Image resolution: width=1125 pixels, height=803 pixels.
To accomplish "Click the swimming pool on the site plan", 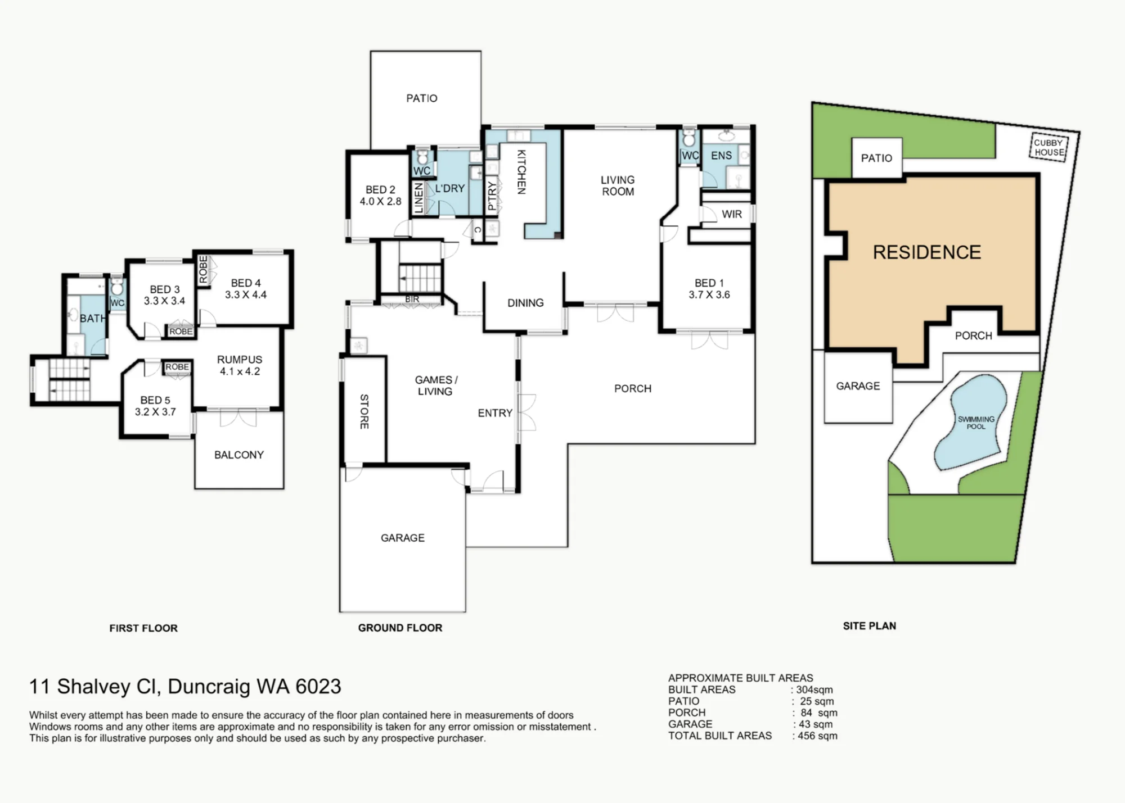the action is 970,421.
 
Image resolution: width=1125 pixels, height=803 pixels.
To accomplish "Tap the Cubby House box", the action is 1049,148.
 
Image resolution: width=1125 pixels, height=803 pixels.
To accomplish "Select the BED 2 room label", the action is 381,196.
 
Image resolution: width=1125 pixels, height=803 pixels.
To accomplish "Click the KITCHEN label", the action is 521,172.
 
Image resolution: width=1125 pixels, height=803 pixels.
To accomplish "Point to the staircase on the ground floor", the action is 420,278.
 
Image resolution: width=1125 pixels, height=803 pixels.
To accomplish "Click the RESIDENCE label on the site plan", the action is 927,252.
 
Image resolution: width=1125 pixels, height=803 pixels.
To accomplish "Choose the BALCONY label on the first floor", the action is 239,455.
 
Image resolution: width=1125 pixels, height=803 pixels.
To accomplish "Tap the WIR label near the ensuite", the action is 732,214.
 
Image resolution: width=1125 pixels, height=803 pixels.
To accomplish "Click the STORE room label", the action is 364,411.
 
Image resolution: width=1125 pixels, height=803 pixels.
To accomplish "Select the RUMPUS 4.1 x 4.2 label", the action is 240,365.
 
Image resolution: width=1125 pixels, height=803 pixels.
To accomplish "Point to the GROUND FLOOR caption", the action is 400,628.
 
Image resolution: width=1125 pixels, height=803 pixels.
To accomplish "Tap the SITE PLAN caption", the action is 869,626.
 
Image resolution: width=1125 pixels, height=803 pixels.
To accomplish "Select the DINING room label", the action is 525,303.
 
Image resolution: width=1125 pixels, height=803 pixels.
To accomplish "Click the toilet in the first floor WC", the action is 117,287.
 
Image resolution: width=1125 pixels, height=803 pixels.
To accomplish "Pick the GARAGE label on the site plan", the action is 858,386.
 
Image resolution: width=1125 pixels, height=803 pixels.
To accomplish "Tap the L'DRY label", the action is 450,188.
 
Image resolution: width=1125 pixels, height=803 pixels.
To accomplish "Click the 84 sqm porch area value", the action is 819,713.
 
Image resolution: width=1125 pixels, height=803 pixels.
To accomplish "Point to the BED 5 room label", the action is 155,406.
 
